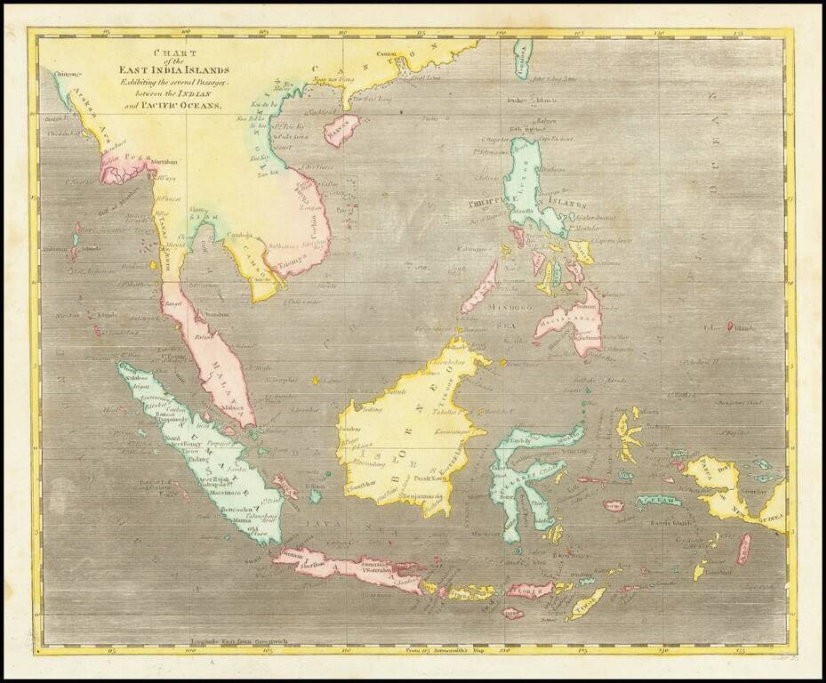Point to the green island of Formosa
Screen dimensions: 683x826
click(522, 60)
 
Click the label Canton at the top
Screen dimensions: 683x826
click(386, 53)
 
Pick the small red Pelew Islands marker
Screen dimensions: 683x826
click(730, 325)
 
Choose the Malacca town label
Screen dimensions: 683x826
click(234, 408)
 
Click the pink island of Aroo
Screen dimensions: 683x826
click(743, 548)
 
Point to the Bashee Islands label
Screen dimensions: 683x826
click(525, 100)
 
